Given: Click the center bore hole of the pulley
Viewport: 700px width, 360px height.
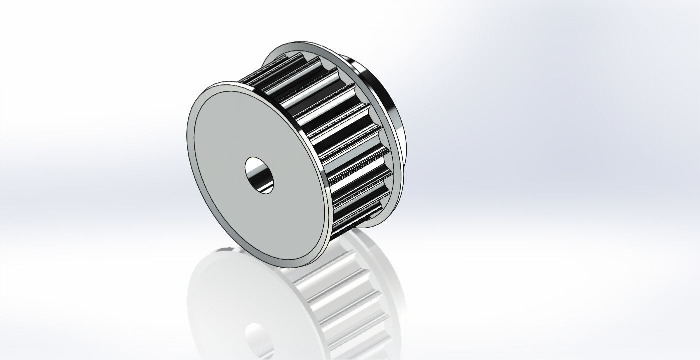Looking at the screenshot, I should [x=260, y=175].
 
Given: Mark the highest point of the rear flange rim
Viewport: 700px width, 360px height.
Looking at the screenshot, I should [x=300, y=43].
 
